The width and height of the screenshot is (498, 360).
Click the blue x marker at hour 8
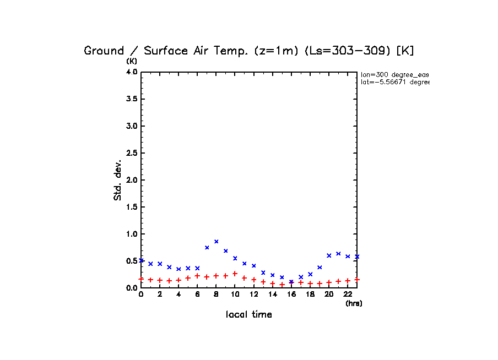point(216,241)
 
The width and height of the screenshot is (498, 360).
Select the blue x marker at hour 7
point(207,248)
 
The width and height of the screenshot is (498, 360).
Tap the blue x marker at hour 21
point(338,254)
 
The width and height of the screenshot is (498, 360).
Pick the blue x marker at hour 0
point(142,260)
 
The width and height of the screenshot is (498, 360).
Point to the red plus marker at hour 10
point(235,274)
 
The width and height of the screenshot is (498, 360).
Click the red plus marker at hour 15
point(282,285)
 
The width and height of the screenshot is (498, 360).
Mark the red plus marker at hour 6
point(198,276)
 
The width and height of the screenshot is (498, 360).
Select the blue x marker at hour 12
point(254,266)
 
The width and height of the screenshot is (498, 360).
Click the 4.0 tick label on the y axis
point(132,72)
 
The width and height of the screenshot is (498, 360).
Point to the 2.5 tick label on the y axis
point(132,153)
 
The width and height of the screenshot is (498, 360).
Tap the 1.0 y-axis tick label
point(132,234)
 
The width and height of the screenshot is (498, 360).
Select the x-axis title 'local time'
point(249,315)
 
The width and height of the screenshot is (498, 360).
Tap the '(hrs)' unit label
point(354,303)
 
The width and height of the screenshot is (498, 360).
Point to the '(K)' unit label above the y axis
point(132,61)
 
